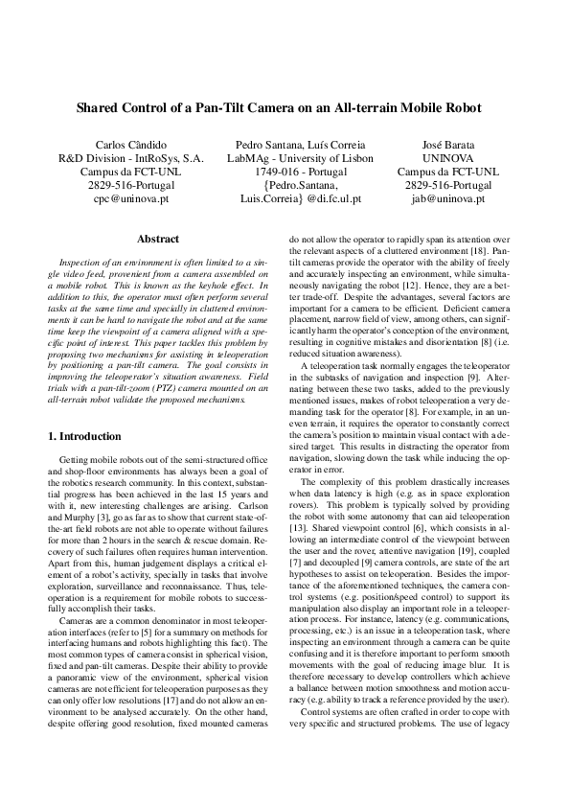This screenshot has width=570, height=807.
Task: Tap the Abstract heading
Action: (159, 239)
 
